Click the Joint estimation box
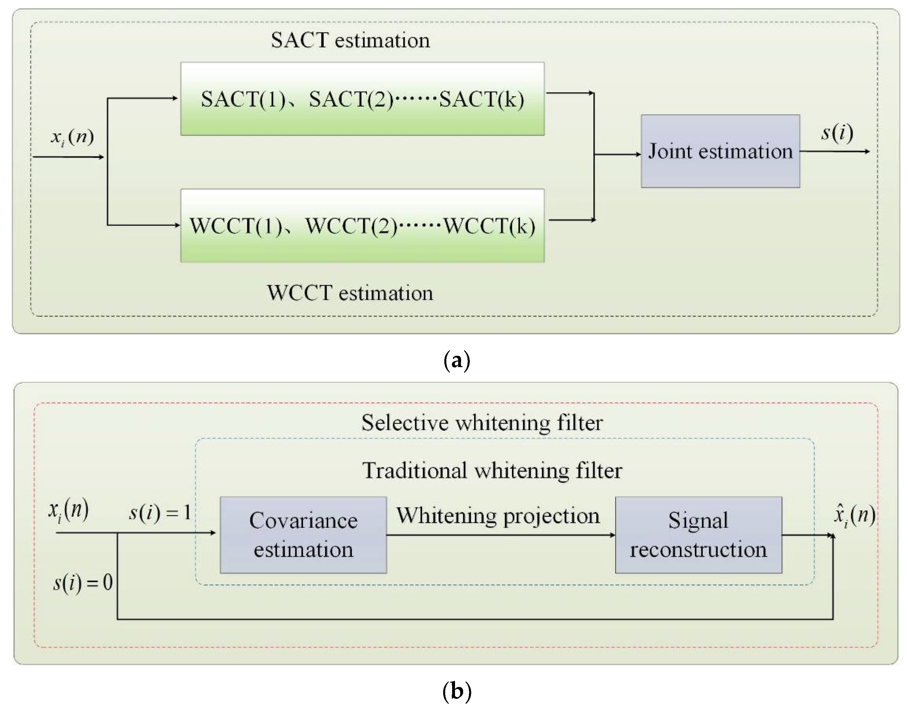coord(720,151)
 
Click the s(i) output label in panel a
coord(837,133)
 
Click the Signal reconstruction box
coord(698,535)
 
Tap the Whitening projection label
coord(498,516)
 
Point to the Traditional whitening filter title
coord(492,471)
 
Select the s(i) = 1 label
coord(160,513)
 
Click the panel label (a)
coord(456,360)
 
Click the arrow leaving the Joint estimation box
coord(834,151)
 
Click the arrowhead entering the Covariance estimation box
coord(213,533)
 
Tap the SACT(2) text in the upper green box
coord(351,99)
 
